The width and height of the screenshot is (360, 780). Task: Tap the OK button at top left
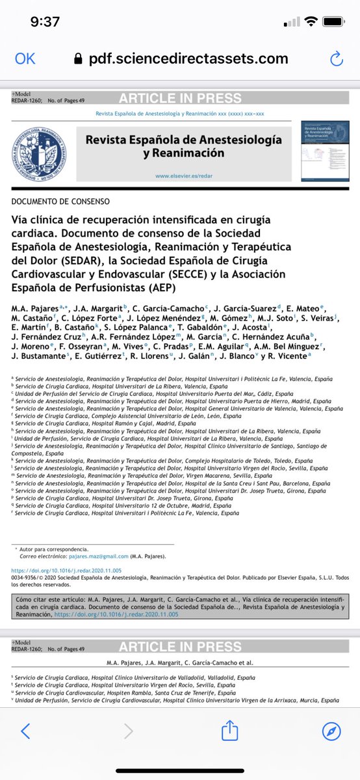25,59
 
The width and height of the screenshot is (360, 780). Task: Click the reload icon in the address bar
336,59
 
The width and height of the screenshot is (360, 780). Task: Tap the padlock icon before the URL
79,59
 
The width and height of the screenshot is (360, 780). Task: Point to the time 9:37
45,21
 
